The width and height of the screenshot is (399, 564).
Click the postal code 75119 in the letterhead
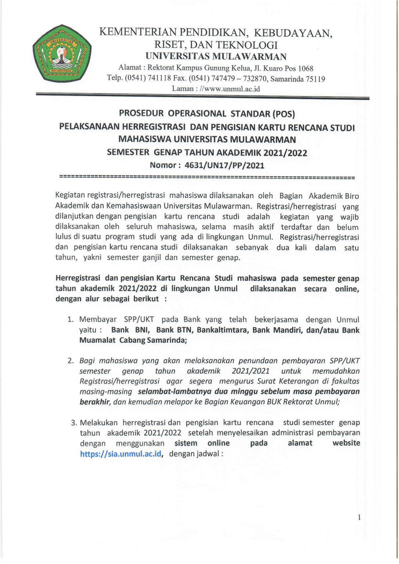pyautogui.click(x=315, y=79)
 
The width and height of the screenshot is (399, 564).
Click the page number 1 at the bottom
pyautogui.click(x=359, y=517)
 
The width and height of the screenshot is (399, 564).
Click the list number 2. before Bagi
pyautogui.click(x=70, y=361)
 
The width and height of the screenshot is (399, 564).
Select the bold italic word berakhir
pyautogui.click(x=94, y=402)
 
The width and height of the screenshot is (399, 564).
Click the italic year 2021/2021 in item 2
pyautogui.click(x=251, y=371)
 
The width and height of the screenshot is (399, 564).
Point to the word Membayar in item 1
pyautogui.click(x=98, y=320)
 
